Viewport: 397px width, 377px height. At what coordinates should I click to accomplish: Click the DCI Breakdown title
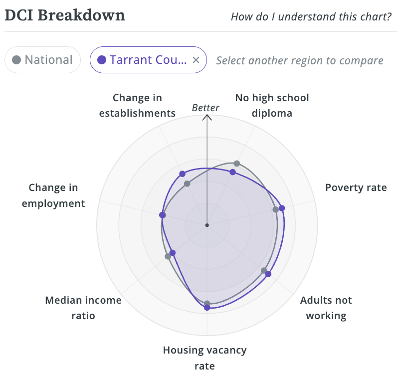65,15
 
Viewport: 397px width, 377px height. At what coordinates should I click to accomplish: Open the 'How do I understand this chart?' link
311,16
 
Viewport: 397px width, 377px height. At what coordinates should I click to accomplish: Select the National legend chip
42,60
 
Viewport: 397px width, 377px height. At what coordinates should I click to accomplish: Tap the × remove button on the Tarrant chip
196,60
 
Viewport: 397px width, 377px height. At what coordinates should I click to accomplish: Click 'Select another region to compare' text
299,61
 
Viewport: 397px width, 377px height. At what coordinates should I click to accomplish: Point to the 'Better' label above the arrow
205,108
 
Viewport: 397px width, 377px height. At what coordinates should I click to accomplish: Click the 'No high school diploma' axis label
272,105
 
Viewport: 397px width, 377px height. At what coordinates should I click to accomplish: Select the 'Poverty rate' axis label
356,188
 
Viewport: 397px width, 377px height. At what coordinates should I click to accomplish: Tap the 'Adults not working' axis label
326,308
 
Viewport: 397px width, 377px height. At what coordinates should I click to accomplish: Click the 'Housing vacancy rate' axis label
204,358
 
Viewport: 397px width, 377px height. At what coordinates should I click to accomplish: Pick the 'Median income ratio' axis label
83,308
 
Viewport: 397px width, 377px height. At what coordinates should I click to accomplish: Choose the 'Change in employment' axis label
53,195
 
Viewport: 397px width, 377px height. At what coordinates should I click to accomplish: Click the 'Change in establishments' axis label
137,105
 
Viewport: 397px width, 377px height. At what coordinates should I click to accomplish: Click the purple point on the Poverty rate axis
281,208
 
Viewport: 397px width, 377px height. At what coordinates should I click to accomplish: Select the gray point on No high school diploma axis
237,164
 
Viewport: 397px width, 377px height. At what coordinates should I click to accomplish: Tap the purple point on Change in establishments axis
182,174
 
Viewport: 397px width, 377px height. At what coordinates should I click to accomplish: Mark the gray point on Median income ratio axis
168,256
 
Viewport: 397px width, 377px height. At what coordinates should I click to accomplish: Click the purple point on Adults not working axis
268,274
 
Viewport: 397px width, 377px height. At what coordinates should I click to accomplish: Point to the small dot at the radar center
207,225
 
